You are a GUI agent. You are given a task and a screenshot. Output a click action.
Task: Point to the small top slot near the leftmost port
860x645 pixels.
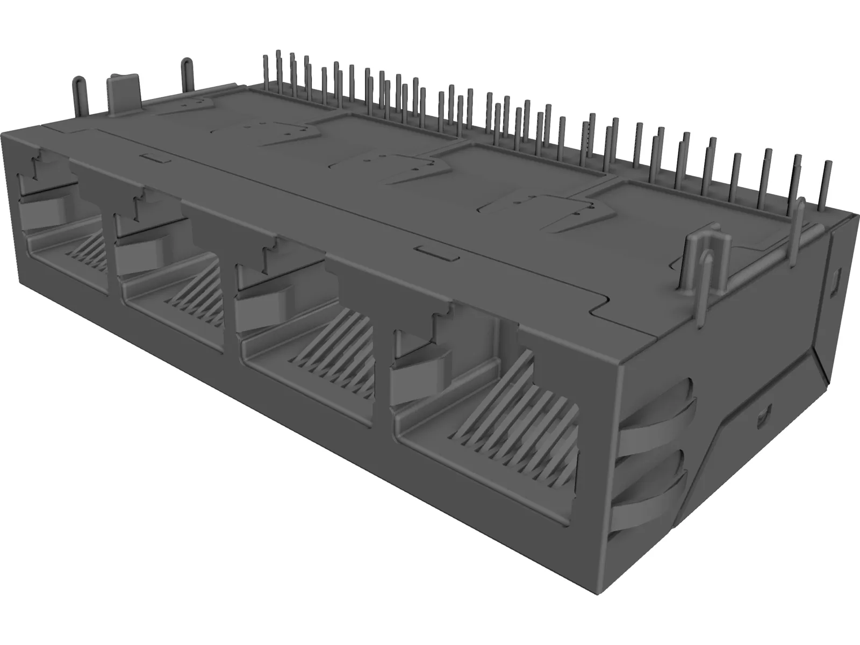click(156, 157)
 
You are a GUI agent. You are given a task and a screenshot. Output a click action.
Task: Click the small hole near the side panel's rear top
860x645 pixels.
click(836, 279)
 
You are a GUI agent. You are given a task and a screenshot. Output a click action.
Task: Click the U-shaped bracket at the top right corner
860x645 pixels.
click(699, 258)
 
